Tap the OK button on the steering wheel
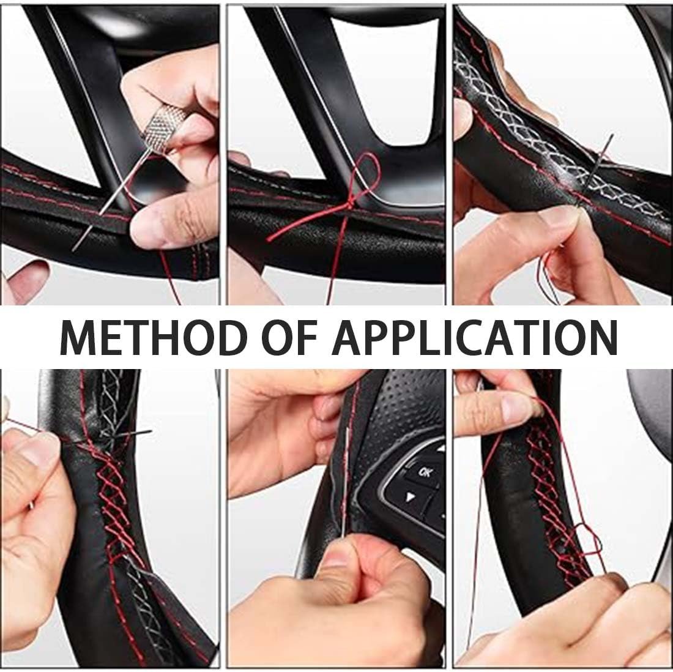pos(423,473)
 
